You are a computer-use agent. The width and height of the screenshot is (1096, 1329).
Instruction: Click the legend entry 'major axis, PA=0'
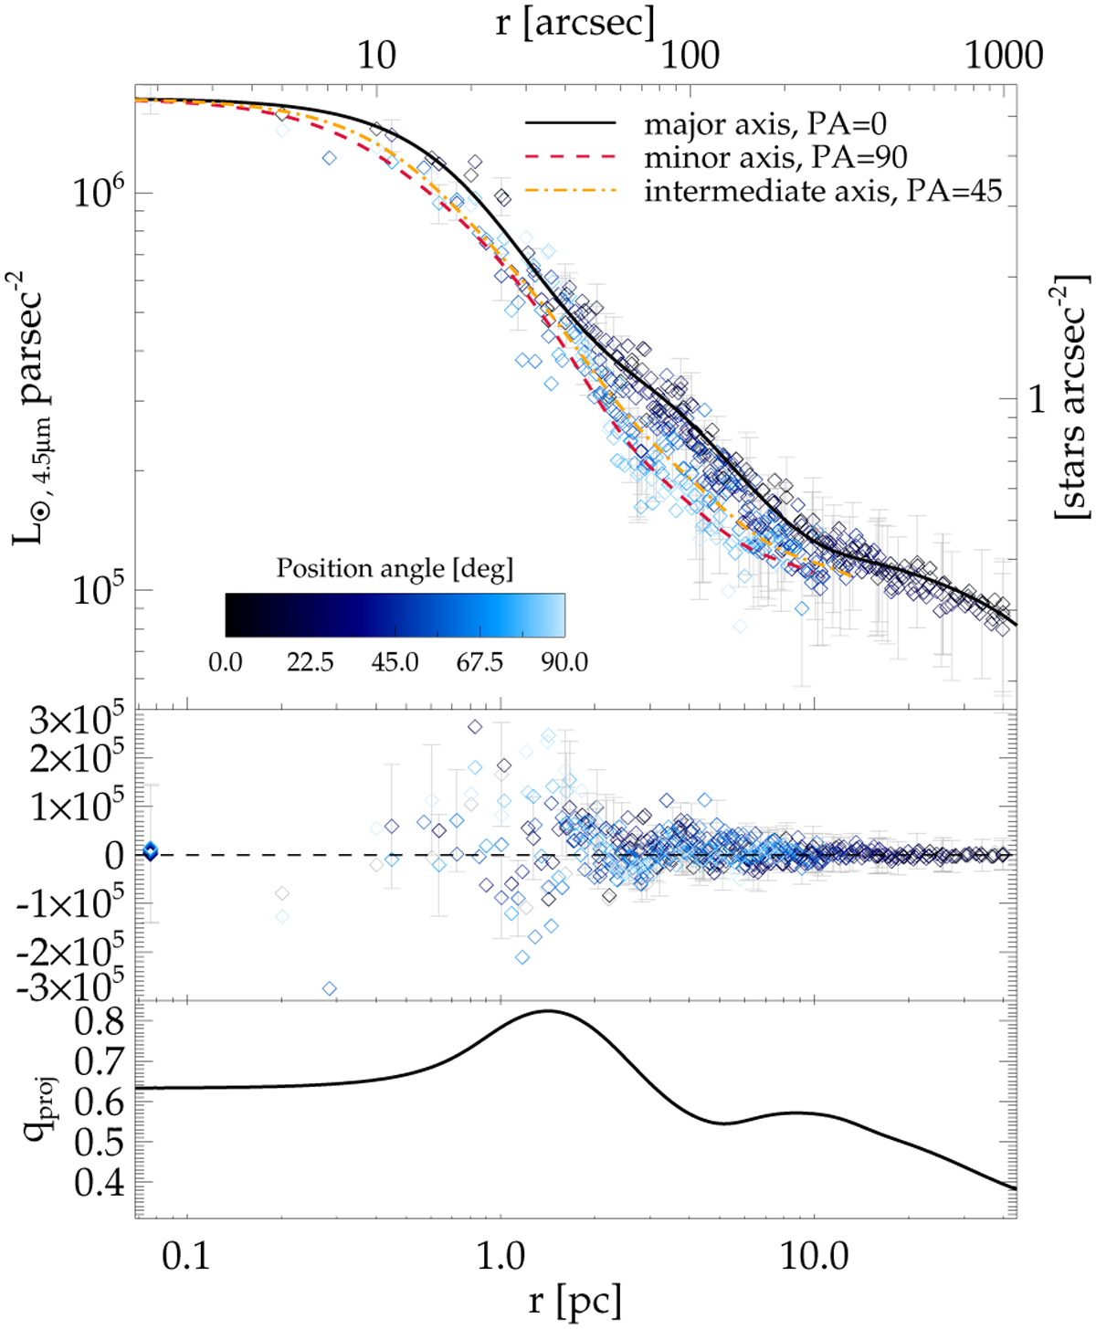click(765, 123)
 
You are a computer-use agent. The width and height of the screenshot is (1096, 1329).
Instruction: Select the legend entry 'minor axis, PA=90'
click(775, 157)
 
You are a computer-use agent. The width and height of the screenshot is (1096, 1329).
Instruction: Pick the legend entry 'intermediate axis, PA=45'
click(823, 191)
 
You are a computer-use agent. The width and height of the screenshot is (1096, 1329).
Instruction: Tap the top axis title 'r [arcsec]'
click(575, 22)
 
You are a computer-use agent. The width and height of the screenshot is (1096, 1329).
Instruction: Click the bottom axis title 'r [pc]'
click(575, 1300)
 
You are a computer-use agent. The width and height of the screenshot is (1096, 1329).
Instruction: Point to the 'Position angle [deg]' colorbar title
click(395, 568)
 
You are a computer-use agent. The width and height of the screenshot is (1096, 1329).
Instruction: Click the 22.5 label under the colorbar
click(310, 661)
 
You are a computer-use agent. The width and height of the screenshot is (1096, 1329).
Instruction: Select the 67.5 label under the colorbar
click(479, 661)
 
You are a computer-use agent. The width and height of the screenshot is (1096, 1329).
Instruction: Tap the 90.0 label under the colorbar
click(564, 661)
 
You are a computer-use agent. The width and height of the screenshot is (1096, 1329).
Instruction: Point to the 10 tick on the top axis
click(376, 57)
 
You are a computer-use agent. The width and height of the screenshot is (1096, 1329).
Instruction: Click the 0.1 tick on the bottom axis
click(185, 1257)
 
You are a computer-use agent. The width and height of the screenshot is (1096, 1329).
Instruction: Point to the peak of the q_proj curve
click(547, 1011)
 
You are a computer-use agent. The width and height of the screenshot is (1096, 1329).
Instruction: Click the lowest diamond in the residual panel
click(330, 988)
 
